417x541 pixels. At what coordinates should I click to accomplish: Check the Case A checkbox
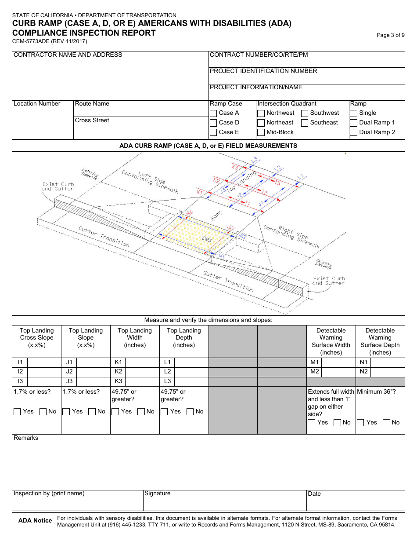[213, 113]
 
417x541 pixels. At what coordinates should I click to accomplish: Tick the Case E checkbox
[213, 132]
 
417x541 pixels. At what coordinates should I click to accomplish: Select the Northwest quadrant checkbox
[261, 113]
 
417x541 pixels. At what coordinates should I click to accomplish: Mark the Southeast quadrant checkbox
[305, 123]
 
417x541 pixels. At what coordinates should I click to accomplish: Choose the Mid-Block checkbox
[261, 132]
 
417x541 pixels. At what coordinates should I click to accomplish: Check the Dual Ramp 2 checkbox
[353, 132]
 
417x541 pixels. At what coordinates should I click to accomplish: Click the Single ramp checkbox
[353, 113]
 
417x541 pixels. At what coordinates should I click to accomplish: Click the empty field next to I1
[44, 362]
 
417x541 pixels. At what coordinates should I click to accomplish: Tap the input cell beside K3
[142, 381]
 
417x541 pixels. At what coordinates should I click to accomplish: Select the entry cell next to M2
[338, 372]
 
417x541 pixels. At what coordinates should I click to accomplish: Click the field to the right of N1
[388, 362]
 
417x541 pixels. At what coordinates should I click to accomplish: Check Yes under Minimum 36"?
[360, 423]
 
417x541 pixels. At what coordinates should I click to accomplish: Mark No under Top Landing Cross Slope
[43, 412]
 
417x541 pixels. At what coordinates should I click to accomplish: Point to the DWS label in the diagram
[206, 240]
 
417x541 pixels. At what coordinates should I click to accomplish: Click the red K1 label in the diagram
[200, 192]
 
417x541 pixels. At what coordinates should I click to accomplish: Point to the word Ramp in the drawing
[216, 215]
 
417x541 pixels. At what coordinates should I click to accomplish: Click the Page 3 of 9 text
[391, 35]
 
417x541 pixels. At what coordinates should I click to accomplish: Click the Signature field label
[158, 493]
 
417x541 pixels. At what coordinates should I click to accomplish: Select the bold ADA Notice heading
[35, 521]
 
